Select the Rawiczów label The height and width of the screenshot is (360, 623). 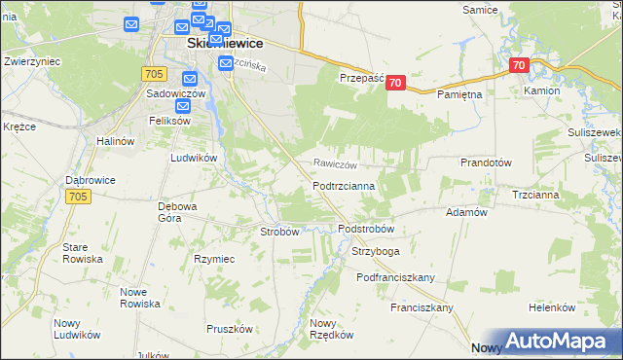point(336,164)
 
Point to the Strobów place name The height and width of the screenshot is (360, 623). point(279,232)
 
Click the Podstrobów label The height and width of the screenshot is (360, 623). point(365,230)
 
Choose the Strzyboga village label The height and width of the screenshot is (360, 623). point(375,252)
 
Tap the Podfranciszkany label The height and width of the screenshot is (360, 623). point(395,277)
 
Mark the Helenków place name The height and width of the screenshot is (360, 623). point(553,307)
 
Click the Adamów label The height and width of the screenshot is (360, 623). point(465,212)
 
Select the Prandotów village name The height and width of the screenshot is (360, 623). point(486,163)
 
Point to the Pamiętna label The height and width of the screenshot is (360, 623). point(459,94)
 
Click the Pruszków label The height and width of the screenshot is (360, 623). point(230,329)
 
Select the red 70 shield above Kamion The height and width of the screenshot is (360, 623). point(518,66)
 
